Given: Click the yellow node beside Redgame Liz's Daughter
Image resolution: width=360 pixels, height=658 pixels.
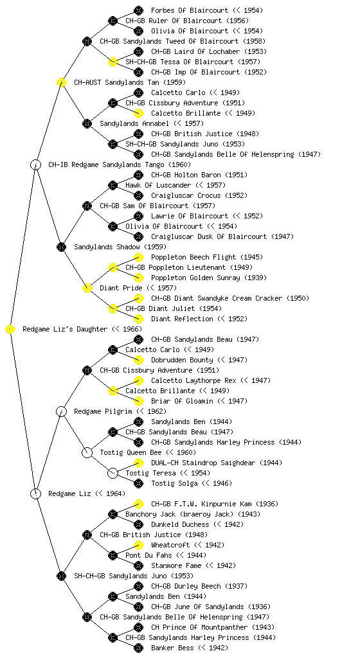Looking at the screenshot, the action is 10,330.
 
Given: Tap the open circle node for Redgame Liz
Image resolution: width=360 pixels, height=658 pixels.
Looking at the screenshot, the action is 36,493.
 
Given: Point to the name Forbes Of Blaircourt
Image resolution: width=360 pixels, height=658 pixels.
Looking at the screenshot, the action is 190,10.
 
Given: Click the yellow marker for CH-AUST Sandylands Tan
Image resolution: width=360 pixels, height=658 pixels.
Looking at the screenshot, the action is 61,83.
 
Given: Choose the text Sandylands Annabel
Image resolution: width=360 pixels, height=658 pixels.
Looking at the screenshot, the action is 134,124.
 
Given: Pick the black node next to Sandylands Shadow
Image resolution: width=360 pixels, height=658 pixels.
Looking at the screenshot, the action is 61,247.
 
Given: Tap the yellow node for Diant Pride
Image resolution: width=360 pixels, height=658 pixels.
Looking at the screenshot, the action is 87,289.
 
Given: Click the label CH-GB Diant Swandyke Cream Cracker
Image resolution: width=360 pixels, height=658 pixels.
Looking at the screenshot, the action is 217,298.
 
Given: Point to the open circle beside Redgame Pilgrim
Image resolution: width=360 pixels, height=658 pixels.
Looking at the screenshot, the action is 61,412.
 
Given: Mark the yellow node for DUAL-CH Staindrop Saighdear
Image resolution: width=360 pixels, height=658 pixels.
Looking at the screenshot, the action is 138,463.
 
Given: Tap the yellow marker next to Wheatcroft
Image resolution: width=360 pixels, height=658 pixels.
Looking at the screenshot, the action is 138,545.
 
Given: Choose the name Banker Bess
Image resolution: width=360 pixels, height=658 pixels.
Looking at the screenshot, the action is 172,648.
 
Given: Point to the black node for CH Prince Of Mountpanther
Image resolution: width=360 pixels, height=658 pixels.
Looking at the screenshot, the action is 138,627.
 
